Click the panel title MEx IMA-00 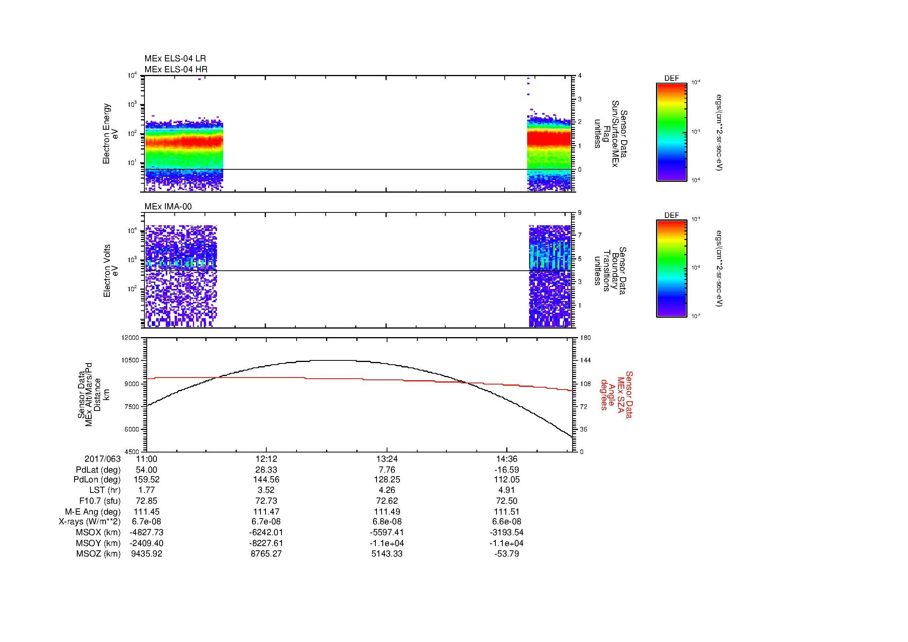pos(168,207)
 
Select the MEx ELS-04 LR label pos(175,59)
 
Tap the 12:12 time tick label pos(266,459)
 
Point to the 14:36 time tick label pos(507,459)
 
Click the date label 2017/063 pos(102,459)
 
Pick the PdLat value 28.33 pos(266,470)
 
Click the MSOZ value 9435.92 pos(147,554)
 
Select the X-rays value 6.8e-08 pos(386,522)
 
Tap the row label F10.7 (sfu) pos(100,501)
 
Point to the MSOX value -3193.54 pos(507,532)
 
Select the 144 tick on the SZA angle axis pos(585,360)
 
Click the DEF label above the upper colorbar pos(671,78)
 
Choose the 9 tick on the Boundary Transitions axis pos(580,213)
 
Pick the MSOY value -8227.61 pos(266,543)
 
